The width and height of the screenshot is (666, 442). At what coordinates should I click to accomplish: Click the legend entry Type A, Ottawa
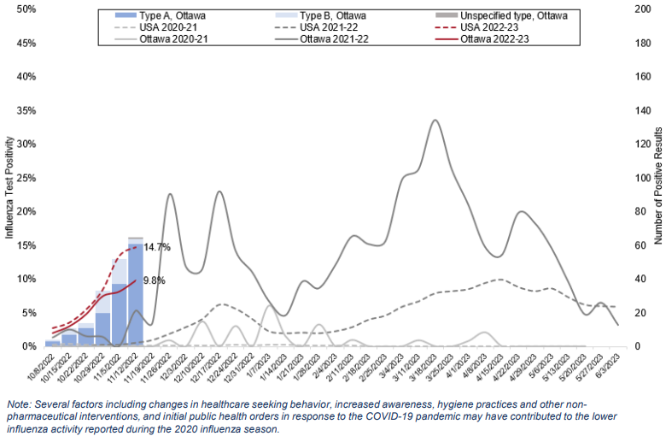(x=175, y=15)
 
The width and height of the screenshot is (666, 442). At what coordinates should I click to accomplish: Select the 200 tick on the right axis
(x=637, y=9)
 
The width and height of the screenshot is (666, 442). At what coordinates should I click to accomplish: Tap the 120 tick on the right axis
(x=637, y=144)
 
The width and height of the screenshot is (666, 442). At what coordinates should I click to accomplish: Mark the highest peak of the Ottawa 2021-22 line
(x=435, y=120)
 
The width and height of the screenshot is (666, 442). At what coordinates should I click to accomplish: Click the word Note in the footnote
(x=17, y=404)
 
